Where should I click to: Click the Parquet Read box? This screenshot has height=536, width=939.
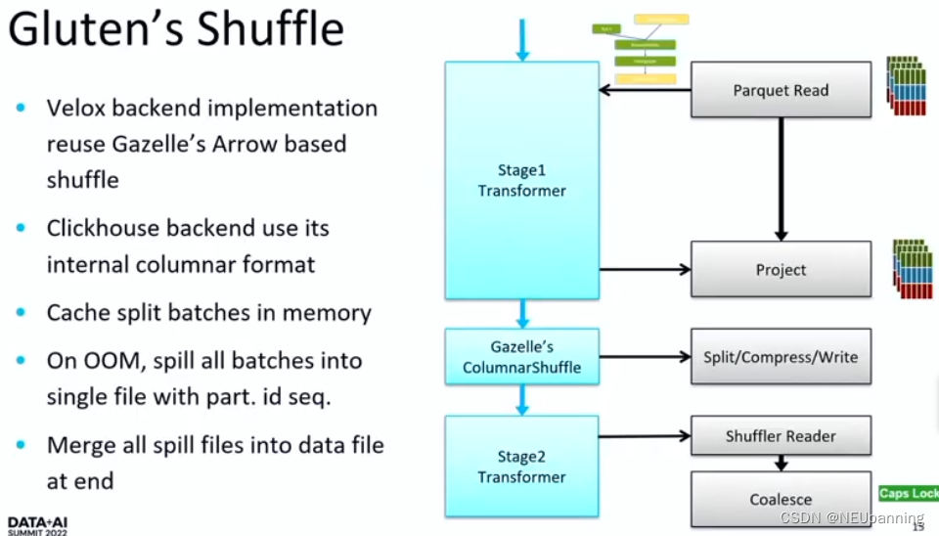tap(781, 90)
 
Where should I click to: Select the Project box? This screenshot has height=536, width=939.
tap(781, 269)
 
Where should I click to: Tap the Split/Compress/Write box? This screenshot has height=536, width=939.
tap(781, 357)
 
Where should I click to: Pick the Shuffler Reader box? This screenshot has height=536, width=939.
tap(781, 436)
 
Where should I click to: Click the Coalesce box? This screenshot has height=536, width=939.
tap(781, 499)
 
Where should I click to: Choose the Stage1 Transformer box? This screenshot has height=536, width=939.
tap(521, 180)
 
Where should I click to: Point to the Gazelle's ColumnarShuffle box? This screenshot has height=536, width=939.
tap(521, 357)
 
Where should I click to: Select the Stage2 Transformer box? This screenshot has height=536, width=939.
tap(521, 467)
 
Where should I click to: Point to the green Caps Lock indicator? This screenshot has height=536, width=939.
tap(908, 493)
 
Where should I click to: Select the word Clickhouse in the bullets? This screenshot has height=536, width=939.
tap(102, 228)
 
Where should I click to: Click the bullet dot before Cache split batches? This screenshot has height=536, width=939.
tap(22, 313)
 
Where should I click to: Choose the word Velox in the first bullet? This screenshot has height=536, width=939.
tap(74, 108)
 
